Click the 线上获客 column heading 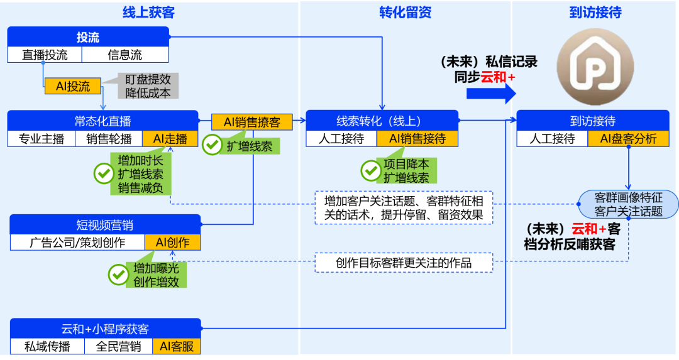(x=148, y=12)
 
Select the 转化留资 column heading (x=405, y=12)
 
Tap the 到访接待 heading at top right (x=595, y=12)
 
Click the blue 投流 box (x=88, y=36)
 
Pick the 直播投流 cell (x=45, y=55)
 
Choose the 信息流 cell (x=125, y=55)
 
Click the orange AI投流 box (x=73, y=87)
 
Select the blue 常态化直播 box (x=102, y=121)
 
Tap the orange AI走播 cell (x=170, y=138)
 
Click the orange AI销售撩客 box (x=252, y=122)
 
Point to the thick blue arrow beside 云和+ (x=491, y=93)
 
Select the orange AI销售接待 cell (x=417, y=138)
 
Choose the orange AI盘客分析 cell (x=628, y=138)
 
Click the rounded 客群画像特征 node (x=628, y=204)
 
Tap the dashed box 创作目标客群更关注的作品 (x=404, y=263)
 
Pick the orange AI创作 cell (x=173, y=242)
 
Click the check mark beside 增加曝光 (x=118, y=274)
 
